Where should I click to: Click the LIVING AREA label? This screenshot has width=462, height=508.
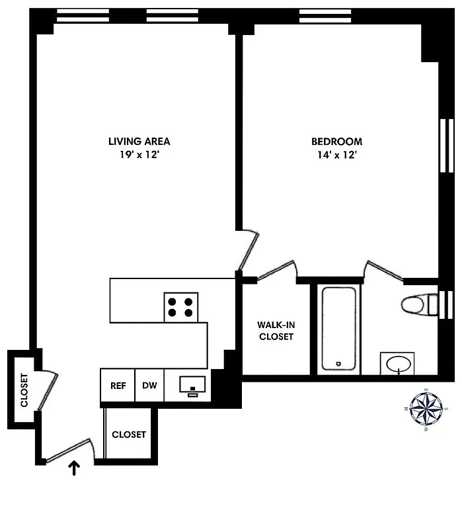point(139,141)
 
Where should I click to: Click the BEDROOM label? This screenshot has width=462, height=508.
point(336,141)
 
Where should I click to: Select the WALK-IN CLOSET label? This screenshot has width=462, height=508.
point(275,331)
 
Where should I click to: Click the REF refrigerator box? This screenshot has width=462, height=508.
point(118,386)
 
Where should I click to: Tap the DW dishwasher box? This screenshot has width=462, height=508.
point(149,386)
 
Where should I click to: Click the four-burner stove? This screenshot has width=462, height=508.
point(181,306)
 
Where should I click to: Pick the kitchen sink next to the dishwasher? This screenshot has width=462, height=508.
point(193,385)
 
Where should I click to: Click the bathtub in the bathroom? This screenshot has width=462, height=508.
point(340,329)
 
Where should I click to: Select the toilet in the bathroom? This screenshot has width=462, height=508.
point(418,305)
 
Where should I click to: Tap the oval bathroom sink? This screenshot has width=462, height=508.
point(397,364)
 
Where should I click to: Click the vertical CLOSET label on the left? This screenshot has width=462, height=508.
point(24,391)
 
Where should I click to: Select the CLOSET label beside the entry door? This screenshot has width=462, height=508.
point(129,435)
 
